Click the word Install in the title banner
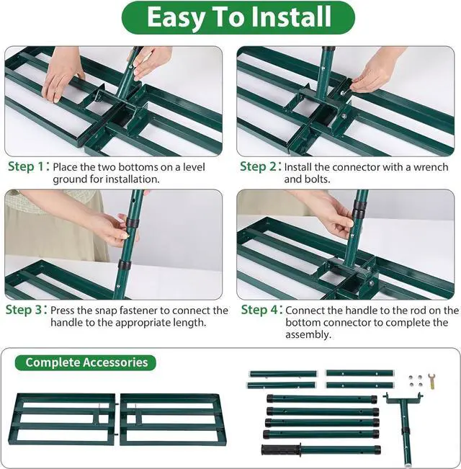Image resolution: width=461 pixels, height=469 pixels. point(291,17)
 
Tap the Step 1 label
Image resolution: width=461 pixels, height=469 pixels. point(28,166)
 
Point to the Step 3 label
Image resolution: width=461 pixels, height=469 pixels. point(27,310)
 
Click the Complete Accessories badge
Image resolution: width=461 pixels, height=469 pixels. point(86,362)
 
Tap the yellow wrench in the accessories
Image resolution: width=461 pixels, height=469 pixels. point(431,380)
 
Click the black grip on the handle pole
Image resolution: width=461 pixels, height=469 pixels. point(280,450)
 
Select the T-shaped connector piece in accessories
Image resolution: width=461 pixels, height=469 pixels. point(403,428)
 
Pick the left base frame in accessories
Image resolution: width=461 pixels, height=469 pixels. point(65,419)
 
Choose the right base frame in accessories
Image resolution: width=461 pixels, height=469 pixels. point(173,419)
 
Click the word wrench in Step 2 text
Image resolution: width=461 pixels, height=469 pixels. point(431,167)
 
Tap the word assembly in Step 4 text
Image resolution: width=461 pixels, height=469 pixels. point(308,335)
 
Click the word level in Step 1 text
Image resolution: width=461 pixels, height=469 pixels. point(194,167)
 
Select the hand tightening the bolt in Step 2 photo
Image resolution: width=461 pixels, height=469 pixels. point(374,72)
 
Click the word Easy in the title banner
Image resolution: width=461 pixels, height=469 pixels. point(174,18)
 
